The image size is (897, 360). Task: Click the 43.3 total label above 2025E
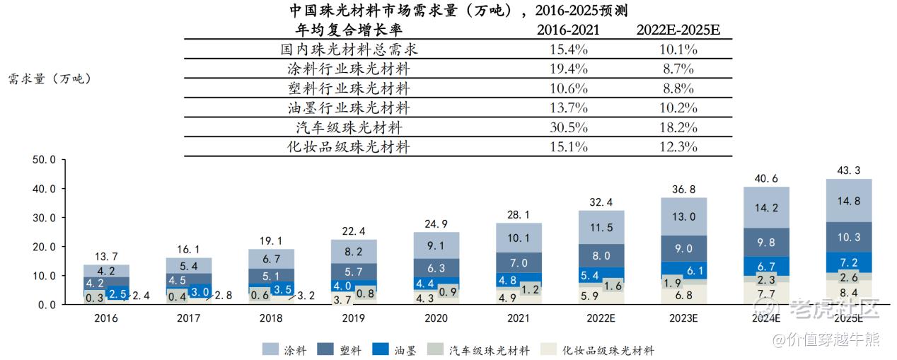click(849, 171)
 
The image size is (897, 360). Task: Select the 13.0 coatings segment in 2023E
click(684, 216)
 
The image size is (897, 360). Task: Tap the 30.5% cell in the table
click(568, 128)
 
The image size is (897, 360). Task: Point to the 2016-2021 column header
click(568, 30)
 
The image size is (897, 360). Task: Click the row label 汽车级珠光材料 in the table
click(349, 128)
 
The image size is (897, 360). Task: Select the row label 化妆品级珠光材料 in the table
click(349, 147)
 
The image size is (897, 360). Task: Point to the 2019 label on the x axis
click(353, 319)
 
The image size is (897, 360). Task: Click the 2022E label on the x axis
click(601, 319)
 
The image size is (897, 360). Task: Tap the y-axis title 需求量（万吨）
click(50, 79)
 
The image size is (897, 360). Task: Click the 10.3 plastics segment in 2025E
click(849, 237)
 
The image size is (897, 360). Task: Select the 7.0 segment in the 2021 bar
click(519, 262)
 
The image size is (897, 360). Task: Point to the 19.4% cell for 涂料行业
click(568, 69)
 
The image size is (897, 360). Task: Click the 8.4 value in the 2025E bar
click(849, 291)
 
